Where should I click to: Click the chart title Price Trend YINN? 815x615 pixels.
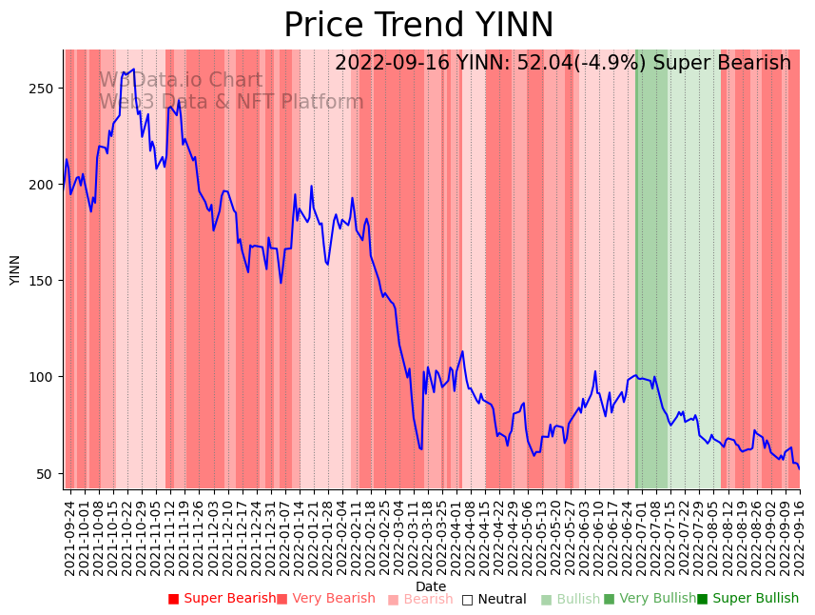tap(418, 26)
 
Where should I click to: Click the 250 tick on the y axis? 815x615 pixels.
tap(44, 89)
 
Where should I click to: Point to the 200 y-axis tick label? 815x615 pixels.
tap(44, 185)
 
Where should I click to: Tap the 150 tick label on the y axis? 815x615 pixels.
tap(44, 281)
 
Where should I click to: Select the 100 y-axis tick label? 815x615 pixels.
tap(44, 377)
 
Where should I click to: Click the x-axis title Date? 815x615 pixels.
tap(431, 586)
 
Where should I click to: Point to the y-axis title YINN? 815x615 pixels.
tap(15, 269)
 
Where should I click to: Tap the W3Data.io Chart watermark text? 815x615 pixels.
tap(181, 81)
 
